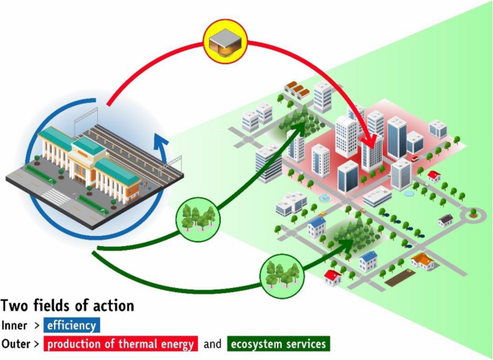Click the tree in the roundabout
473,212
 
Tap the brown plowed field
401,279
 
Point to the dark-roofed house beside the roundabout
446,219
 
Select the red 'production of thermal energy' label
120,343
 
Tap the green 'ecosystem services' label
278,343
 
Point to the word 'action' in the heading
111,306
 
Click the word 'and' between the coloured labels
212,343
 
